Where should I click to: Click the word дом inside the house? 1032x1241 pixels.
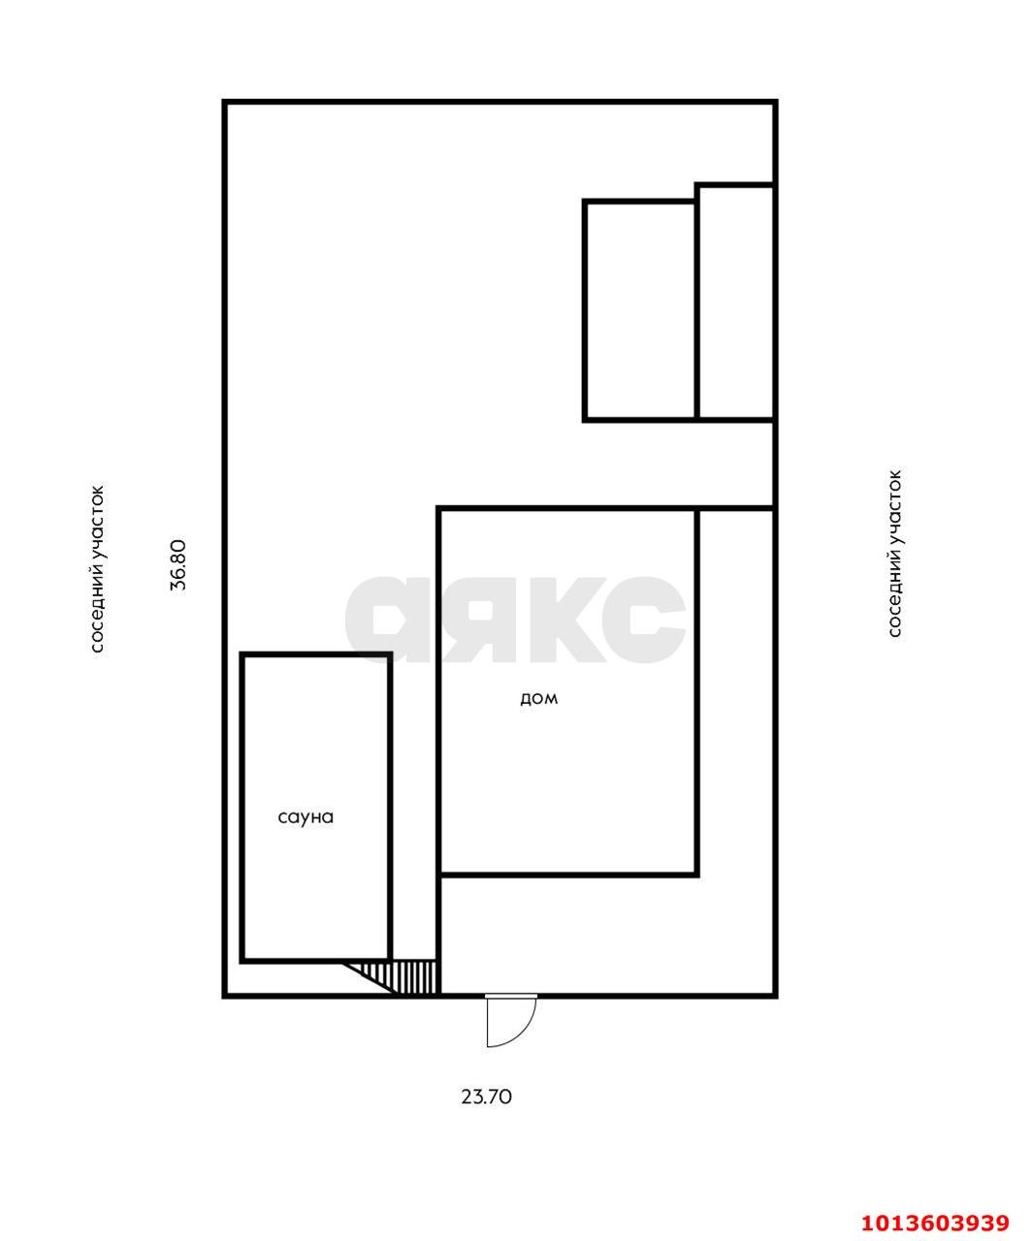(538, 698)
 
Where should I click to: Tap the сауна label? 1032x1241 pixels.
(306, 817)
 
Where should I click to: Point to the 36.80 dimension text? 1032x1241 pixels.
(178, 564)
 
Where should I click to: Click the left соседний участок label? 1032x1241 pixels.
(97, 569)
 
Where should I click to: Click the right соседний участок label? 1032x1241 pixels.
(894, 554)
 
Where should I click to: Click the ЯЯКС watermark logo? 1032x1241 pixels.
(515, 620)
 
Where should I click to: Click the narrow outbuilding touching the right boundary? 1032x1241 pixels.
(736, 302)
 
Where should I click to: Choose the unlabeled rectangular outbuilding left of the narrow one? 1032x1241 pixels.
(640, 310)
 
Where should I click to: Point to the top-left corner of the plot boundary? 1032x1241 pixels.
(225, 102)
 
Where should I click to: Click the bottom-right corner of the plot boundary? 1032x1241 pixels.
(775, 996)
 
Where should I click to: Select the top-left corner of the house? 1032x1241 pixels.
(438, 508)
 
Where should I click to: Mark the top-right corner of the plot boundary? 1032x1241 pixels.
(775, 102)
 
